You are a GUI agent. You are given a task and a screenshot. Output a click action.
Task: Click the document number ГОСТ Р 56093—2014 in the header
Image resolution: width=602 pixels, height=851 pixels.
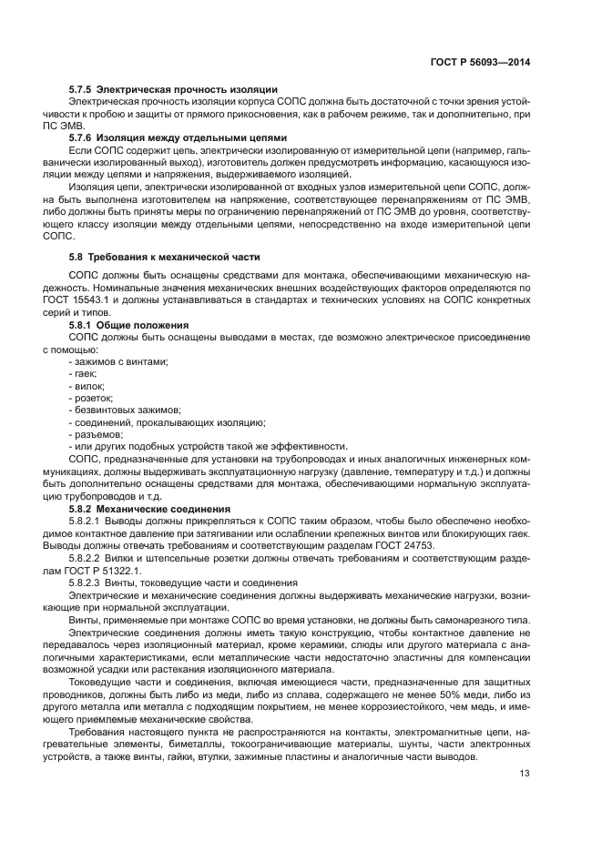tap(481, 63)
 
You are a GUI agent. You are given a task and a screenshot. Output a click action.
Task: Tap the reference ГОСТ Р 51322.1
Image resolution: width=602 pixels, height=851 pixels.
tap(82, 569)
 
